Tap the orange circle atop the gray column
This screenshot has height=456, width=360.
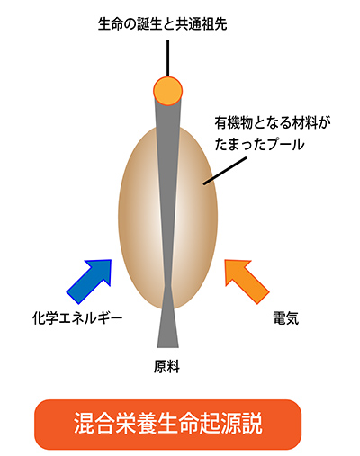point(167,91)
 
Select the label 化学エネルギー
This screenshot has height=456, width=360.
point(77,318)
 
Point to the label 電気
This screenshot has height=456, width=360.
point(286,318)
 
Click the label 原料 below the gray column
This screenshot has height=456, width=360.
point(166,366)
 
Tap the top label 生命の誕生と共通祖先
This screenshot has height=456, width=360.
point(163,24)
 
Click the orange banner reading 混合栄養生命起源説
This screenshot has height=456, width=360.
point(168,425)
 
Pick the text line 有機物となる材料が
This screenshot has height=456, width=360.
point(273,123)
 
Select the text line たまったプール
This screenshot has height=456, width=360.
point(260,144)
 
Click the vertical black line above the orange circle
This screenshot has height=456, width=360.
point(168,58)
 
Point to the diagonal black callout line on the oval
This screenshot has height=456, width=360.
point(225,171)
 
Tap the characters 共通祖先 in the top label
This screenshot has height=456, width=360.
point(202,24)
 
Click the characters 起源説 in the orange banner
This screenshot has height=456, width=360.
point(231,424)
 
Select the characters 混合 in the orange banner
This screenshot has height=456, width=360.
point(95,424)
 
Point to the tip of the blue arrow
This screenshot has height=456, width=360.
point(111,260)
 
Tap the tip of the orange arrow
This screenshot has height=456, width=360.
point(226,260)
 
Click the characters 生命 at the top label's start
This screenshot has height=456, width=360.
point(111,24)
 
